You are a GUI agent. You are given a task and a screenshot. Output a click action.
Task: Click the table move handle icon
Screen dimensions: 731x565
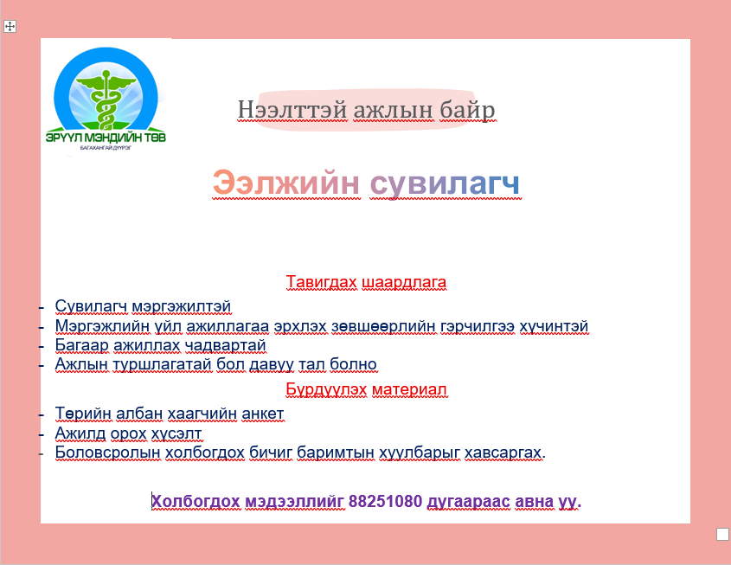pos(10,27)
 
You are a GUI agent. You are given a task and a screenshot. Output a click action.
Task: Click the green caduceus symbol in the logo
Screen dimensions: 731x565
pos(106,99)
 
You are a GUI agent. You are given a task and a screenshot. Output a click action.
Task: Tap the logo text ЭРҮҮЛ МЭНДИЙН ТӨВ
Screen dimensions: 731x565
pos(106,137)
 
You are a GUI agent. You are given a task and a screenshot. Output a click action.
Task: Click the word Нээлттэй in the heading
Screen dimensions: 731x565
pos(292,110)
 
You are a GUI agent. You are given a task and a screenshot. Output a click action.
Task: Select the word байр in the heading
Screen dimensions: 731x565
pos(468,110)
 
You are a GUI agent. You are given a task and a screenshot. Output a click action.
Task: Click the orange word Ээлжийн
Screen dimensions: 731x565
pos(285,183)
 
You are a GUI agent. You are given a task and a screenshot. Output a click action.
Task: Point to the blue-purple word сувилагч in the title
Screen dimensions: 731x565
pos(445,183)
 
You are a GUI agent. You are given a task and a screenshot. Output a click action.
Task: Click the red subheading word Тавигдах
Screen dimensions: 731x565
pos(321,282)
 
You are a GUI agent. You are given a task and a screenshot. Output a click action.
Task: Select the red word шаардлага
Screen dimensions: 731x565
pos(404,282)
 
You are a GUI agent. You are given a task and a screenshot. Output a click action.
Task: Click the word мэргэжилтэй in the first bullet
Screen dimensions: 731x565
pos(182,307)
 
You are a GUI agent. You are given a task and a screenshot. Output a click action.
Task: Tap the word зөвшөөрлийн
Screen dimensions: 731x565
pos(383,326)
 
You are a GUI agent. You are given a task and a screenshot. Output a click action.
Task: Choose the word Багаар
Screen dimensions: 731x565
pos(81,345)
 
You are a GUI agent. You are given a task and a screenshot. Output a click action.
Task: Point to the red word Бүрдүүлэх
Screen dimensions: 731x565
pos(326,389)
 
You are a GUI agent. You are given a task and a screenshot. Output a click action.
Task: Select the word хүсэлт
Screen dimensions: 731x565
pos(176,433)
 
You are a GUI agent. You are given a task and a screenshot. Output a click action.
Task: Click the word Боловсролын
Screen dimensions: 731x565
pos(108,453)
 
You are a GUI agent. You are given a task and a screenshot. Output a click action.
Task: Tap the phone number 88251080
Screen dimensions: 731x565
pos(385,501)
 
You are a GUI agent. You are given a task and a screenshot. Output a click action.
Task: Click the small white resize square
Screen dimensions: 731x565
pos(722,534)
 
